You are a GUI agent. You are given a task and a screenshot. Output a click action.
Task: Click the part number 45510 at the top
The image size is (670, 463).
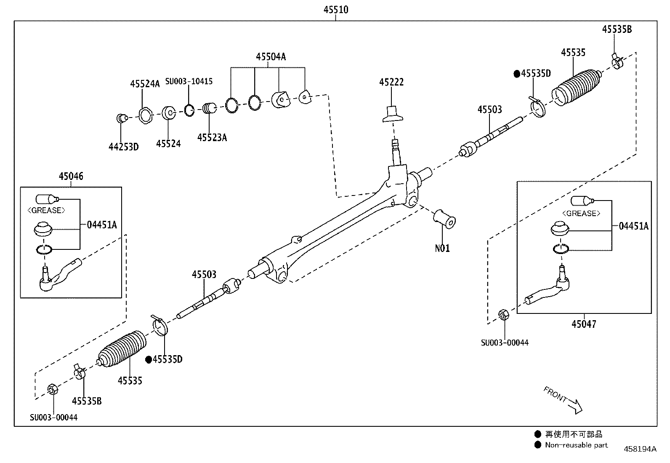[335, 10]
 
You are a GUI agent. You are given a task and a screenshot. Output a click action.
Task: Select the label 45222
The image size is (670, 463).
[391, 82]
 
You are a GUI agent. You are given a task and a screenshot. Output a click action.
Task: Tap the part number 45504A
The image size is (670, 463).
[271, 57]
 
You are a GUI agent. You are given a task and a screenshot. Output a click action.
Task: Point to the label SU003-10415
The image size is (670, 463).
[189, 81]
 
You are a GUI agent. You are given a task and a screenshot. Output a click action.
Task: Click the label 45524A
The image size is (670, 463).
[145, 84]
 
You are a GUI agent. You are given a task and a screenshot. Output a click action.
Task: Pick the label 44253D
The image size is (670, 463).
[123, 147]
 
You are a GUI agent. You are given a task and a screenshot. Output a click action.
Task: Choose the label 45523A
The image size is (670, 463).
[212, 137]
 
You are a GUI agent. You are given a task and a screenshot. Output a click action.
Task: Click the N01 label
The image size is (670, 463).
[442, 248]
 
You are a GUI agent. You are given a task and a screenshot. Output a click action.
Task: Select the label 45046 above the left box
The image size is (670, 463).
[71, 176]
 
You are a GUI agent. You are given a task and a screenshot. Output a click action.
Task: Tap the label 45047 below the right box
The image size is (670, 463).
[584, 324]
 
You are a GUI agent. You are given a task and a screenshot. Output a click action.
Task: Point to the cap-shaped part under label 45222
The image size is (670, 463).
[392, 114]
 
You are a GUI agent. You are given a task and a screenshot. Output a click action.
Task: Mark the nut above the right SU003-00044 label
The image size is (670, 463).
[502, 314]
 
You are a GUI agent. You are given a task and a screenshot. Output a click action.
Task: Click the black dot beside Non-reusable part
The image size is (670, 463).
[537, 445]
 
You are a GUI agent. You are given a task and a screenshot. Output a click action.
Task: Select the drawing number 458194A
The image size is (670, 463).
[640, 449]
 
